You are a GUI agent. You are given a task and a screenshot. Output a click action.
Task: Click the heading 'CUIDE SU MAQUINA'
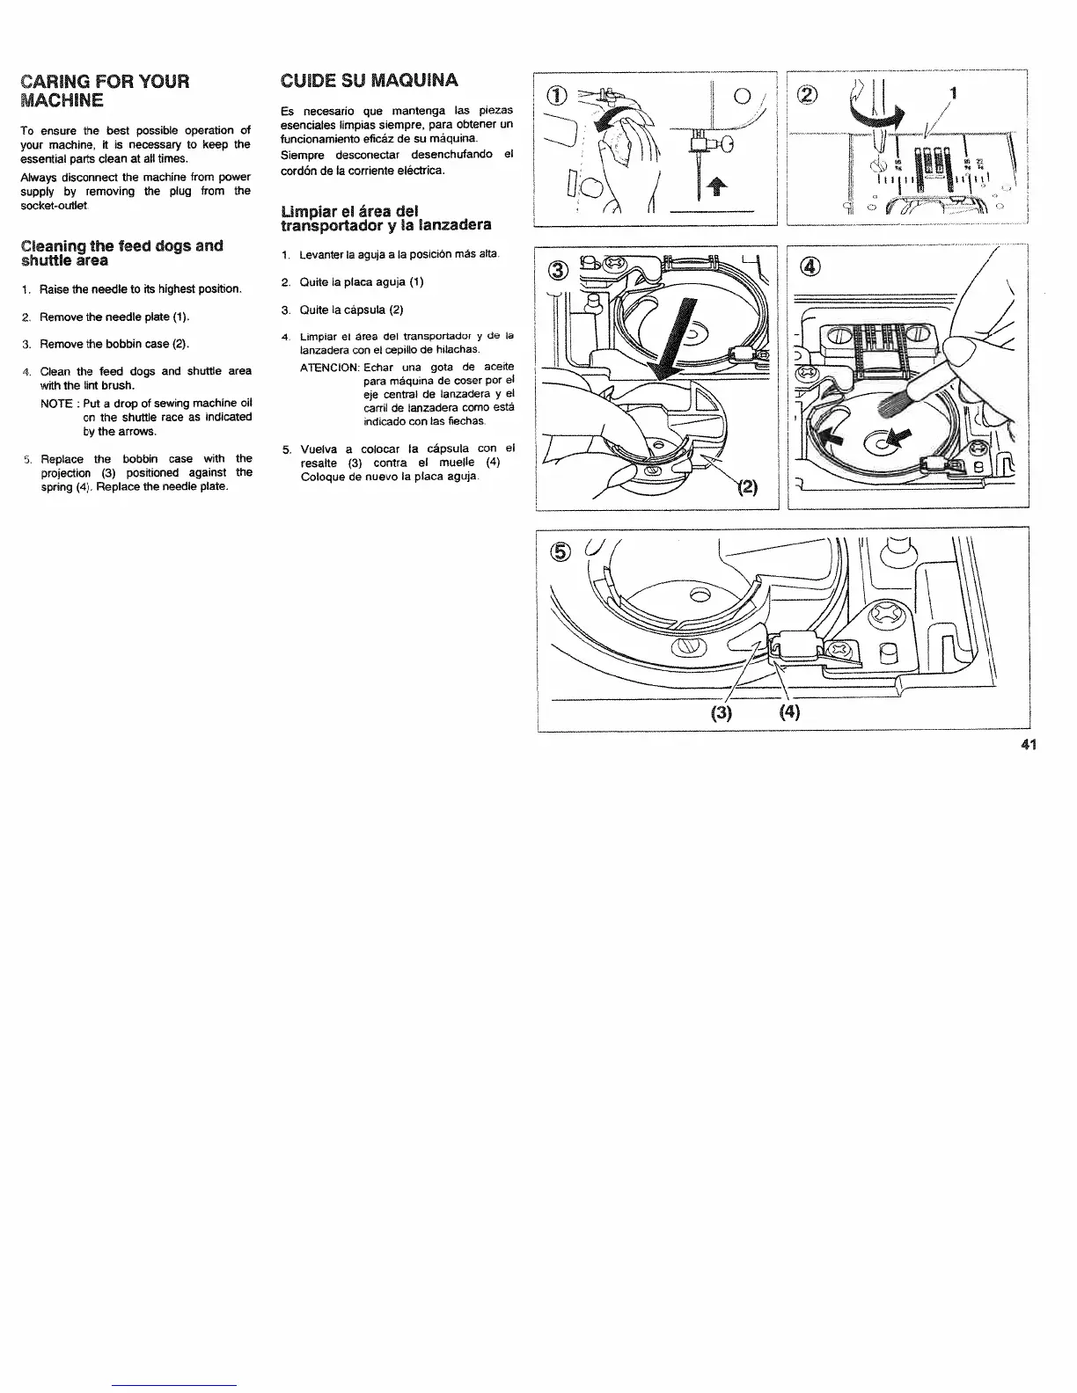pos(368,81)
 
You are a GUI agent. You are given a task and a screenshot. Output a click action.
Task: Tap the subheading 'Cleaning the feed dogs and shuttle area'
pos(121,252)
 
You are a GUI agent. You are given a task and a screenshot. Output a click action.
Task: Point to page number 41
pos(1029,745)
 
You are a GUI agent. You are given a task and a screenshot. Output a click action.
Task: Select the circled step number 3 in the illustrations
pos(556,269)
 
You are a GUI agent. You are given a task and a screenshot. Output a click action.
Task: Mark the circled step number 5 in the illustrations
pos(560,551)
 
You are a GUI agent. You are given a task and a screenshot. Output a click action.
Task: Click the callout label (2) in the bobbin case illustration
pos(746,485)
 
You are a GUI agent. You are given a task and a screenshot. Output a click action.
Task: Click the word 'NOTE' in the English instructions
pos(55,403)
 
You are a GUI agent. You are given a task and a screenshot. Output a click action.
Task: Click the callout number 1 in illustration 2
pos(952,93)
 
